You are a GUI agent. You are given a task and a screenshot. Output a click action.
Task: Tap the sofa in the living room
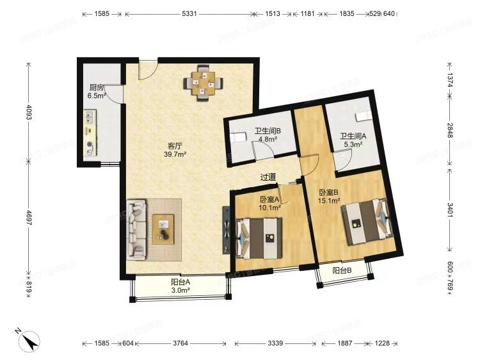136,229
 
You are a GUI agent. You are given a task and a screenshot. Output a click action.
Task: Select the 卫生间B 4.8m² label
268,135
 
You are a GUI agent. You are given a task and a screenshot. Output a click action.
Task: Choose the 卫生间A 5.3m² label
353,140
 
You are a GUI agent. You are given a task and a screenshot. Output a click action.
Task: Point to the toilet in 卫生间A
362,115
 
